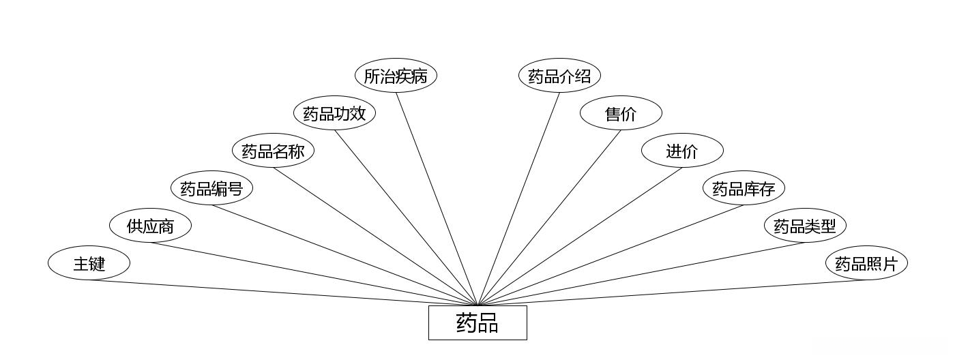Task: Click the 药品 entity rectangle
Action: click(x=477, y=322)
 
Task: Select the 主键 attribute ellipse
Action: click(x=89, y=263)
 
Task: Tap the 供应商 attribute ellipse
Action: click(x=150, y=226)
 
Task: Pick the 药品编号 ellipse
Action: click(x=211, y=188)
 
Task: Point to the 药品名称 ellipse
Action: click(x=273, y=151)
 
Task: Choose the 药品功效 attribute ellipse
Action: click(x=334, y=113)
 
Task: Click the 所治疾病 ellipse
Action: click(x=396, y=76)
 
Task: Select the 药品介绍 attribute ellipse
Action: click(x=559, y=76)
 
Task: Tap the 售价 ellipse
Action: click(x=621, y=113)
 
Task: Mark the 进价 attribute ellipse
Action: click(x=682, y=151)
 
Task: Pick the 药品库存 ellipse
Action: click(x=744, y=188)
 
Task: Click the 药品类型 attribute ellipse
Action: click(x=805, y=226)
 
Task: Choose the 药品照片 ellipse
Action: click(x=866, y=263)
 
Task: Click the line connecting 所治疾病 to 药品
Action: click(x=437, y=198)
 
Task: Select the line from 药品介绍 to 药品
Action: click(x=518, y=198)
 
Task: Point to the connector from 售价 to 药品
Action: click(x=549, y=217)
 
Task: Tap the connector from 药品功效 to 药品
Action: click(x=406, y=217)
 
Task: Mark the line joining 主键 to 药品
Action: click(x=283, y=292)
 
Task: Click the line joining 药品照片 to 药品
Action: click(x=672, y=292)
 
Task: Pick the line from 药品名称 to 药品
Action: click(x=375, y=237)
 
